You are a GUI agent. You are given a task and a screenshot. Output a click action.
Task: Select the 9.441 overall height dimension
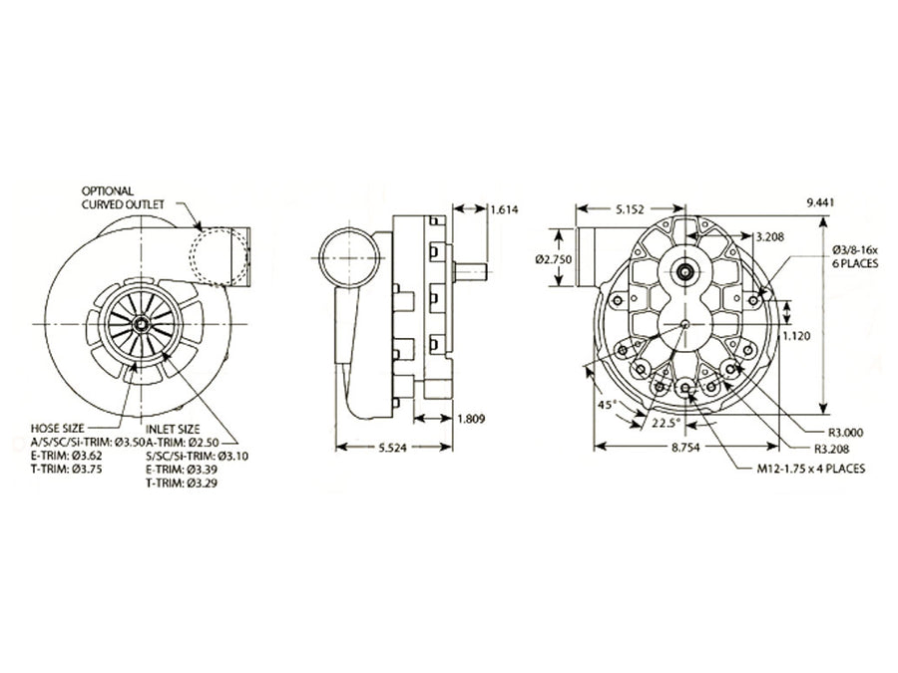pos(819,202)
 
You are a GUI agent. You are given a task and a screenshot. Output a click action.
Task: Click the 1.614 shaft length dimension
pos(504,209)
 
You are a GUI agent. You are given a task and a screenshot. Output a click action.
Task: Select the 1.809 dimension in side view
pos(470,419)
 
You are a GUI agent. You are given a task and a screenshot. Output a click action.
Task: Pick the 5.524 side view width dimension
pos(395,448)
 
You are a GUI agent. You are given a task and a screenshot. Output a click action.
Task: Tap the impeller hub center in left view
pos(141,324)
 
